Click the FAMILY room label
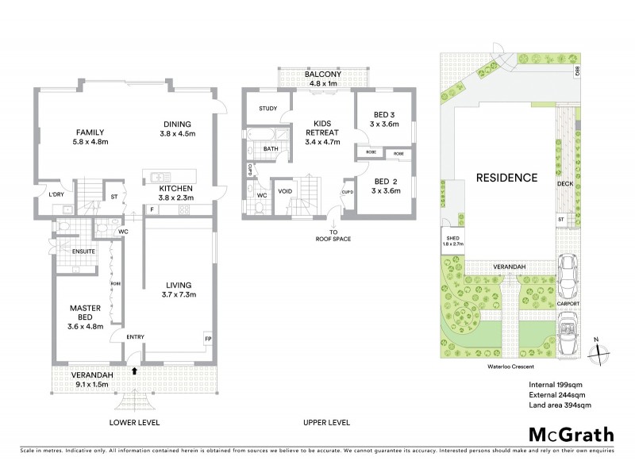coord(90,132)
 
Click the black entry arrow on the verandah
coord(134,370)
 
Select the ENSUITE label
coord(84,251)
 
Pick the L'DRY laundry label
coord(56,194)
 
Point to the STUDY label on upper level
coord(267,109)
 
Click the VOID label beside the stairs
coord(283,191)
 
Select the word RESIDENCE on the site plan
coord(506,177)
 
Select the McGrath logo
coord(571,434)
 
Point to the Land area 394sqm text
coord(560,405)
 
